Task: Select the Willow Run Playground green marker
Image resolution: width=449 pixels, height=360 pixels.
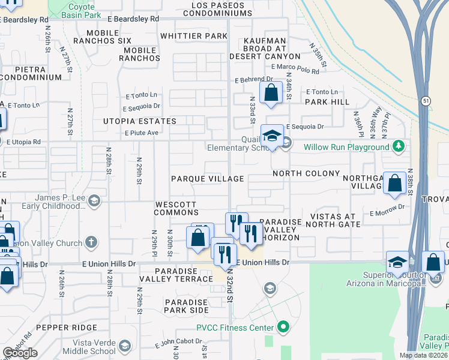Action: click(397, 146)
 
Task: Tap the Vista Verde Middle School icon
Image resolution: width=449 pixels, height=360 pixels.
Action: click(124, 346)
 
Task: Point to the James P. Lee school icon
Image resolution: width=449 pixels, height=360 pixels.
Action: click(94, 202)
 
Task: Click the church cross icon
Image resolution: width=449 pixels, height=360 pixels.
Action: click(91, 243)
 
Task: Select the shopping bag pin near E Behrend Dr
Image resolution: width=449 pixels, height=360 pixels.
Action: click(271, 93)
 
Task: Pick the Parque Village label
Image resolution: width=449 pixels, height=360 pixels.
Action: click(207, 179)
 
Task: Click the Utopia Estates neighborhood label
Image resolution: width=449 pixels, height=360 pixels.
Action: click(139, 121)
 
